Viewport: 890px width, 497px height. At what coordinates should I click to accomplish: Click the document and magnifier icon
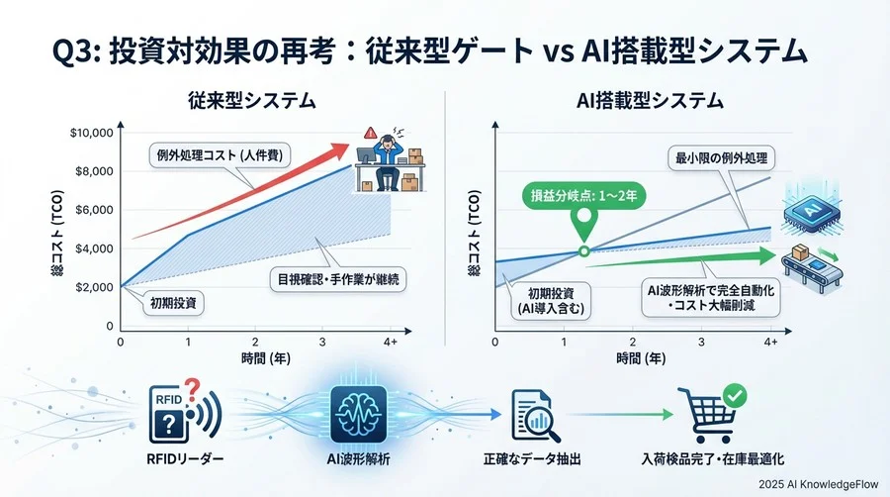coord(535,415)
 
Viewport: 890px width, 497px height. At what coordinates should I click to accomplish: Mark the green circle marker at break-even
coord(583,250)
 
